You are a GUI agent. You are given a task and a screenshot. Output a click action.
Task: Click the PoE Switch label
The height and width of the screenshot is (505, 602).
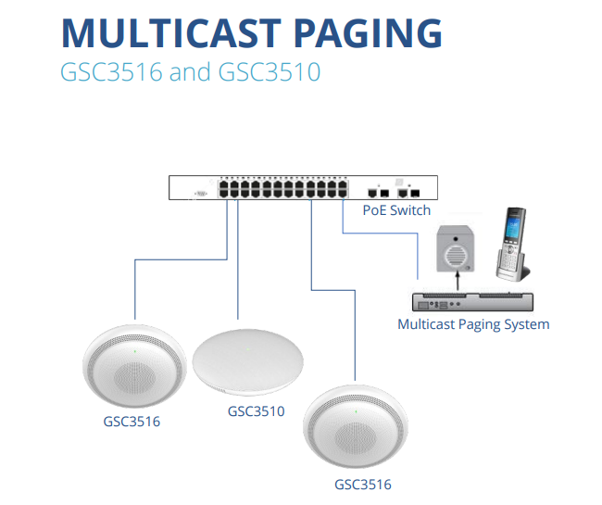(x=396, y=210)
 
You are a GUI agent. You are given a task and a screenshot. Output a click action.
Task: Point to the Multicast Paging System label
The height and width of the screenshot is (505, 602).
(x=473, y=324)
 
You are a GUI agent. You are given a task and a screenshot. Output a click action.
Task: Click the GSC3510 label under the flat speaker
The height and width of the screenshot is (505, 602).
(x=256, y=410)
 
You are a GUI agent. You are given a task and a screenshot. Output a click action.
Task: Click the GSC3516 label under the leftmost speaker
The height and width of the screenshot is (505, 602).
(x=131, y=422)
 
